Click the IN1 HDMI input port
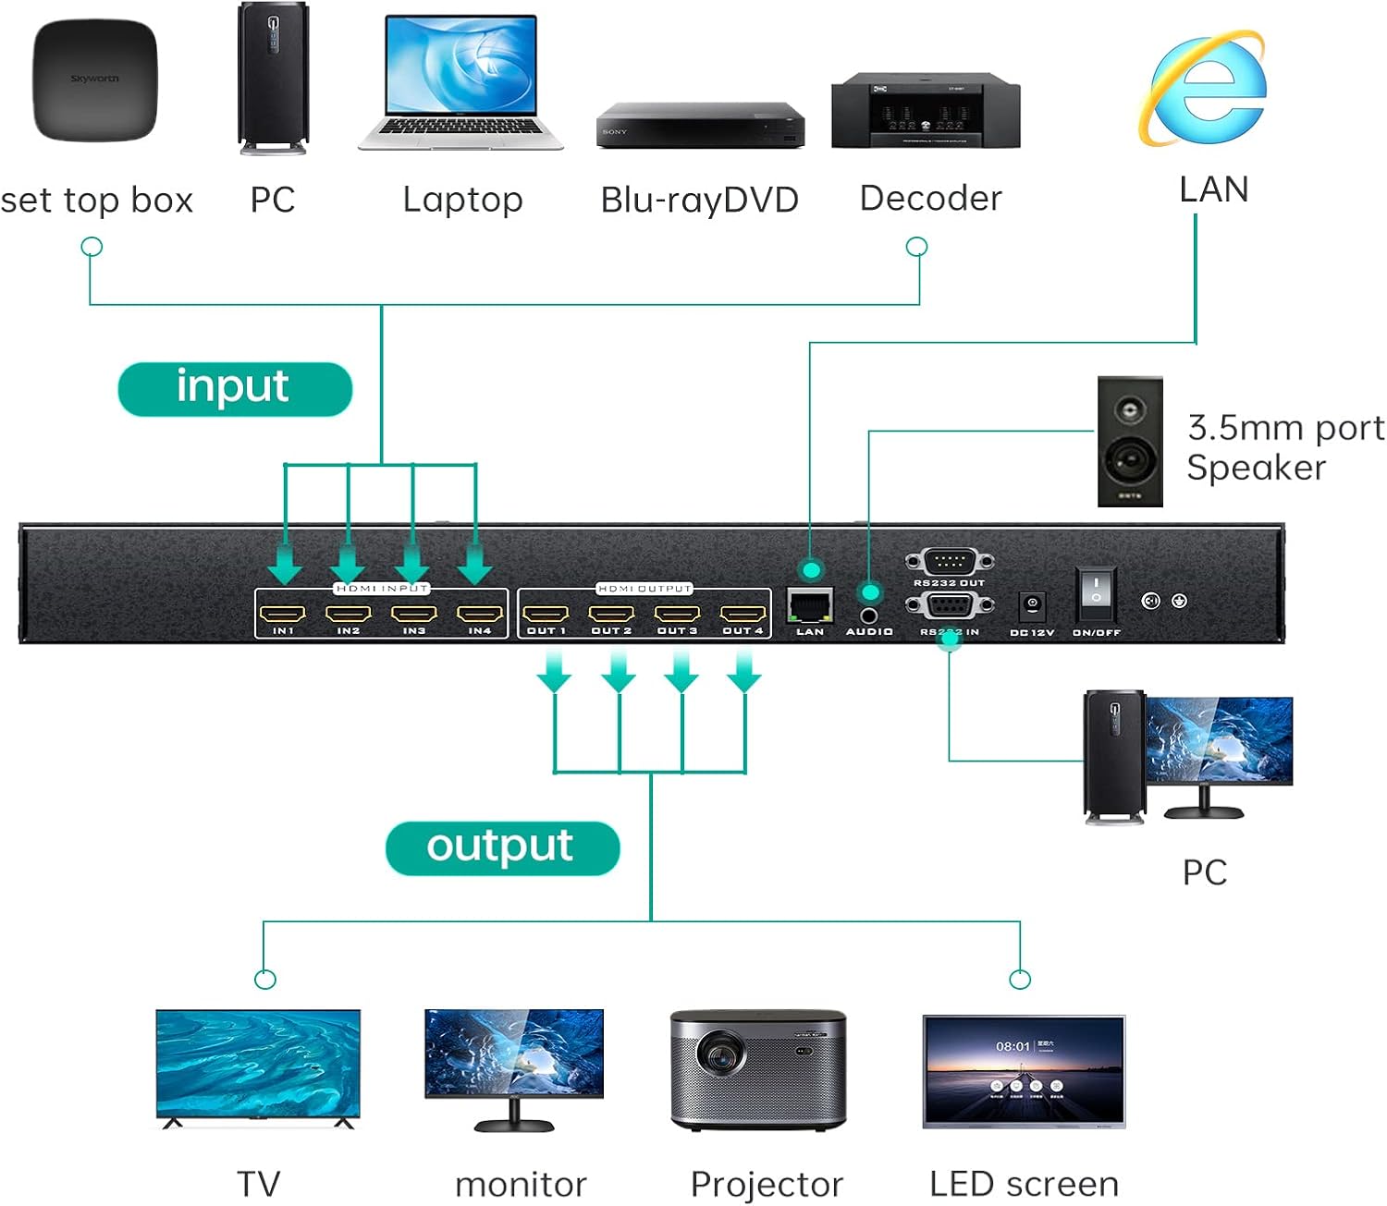pyautogui.click(x=283, y=613)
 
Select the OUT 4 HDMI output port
pyautogui.click(x=743, y=613)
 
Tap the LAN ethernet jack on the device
pyautogui.click(x=810, y=605)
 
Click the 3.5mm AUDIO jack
pyautogui.click(x=869, y=615)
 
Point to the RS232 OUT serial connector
pyautogui.click(x=950, y=561)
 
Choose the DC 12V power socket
pyautogui.click(x=1032, y=606)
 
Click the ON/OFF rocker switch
pyautogui.click(x=1096, y=595)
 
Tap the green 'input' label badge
pyautogui.click(x=235, y=388)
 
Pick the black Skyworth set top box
pyautogui.click(x=95, y=80)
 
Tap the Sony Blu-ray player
pyautogui.click(x=700, y=126)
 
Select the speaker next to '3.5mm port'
pyautogui.click(x=1130, y=441)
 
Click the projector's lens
pyautogui.click(x=720, y=1054)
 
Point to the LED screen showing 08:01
pyautogui.click(x=1024, y=1071)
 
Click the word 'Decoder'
pyautogui.click(x=930, y=199)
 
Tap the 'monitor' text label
pyautogui.click(x=521, y=1184)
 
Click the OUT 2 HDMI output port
pyautogui.click(x=612, y=613)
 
